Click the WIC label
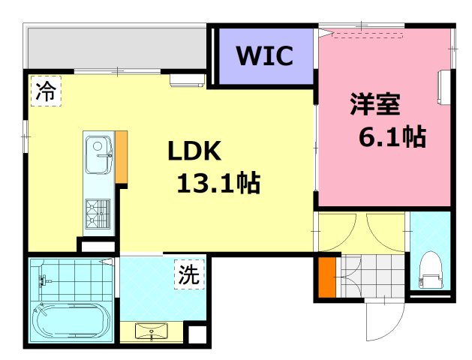tap(265, 57)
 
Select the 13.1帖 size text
tap(218, 181)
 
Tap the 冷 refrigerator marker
tap(45, 92)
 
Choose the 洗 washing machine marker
tap(189, 274)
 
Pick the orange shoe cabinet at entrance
tap(325, 277)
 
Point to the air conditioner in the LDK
tap(186, 80)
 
